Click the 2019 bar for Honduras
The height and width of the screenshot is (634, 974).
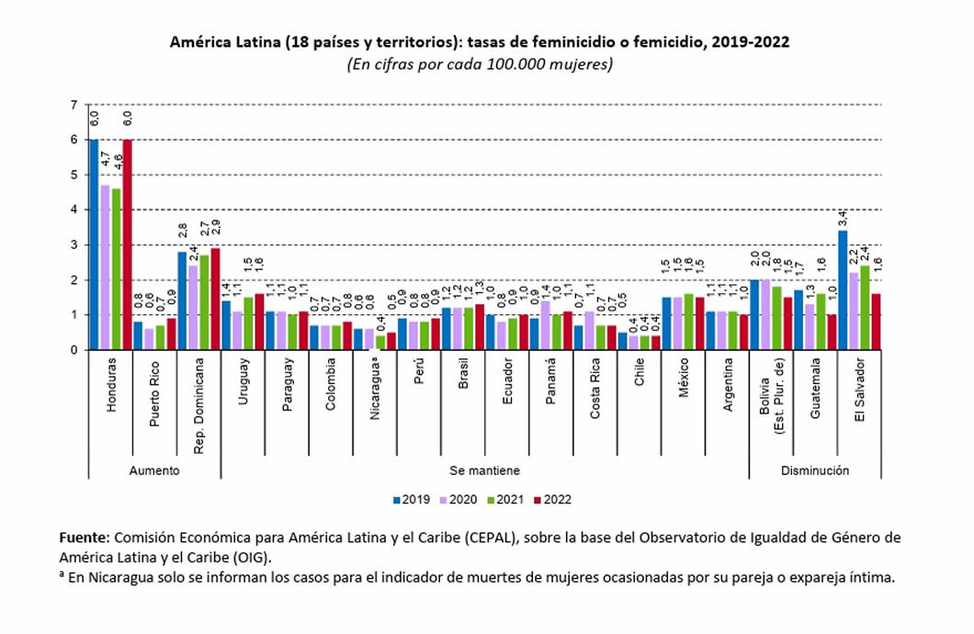pos(94,244)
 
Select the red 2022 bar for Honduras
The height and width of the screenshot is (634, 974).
pos(127,244)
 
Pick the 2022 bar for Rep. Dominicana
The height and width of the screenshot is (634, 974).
pos(215,299)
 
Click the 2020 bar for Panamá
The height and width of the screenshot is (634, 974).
pos(545,325)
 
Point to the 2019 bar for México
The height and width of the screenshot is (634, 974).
pos(666,323)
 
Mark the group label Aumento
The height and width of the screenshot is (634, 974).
pos(154,470)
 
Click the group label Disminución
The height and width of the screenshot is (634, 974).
pos(815,470)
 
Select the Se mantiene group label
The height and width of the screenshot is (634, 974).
pos(484,470)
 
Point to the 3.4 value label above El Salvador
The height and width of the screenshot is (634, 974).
pos(844,220)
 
